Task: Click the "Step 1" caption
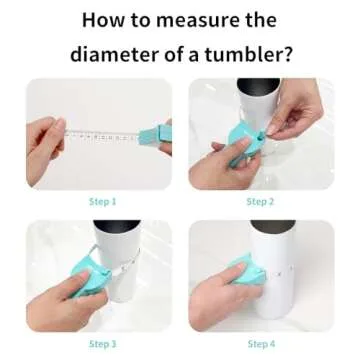pos(102,201)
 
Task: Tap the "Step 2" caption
pos(261,201)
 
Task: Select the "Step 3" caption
pos(102,344)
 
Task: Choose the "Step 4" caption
pos(261,344)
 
